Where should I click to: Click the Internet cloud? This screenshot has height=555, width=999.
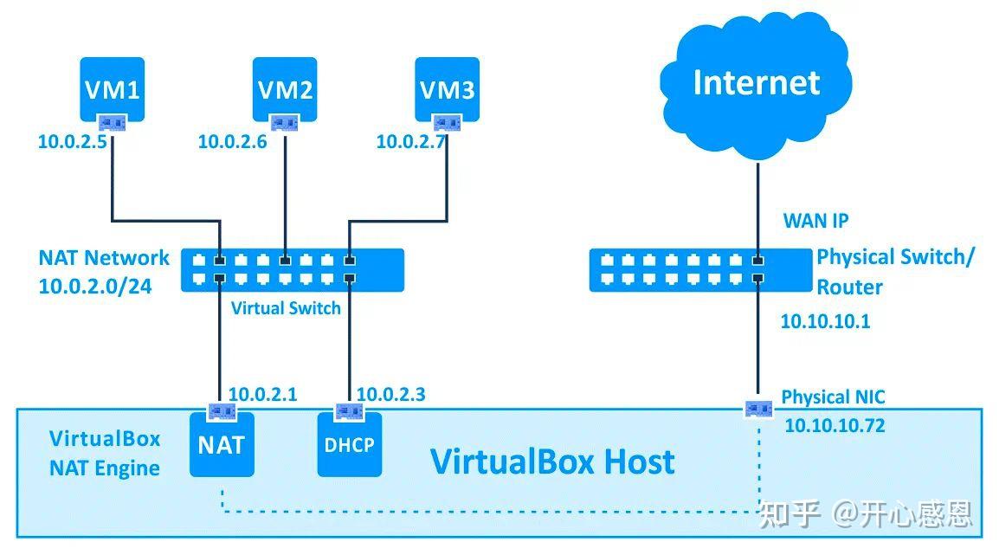tap(756, 83)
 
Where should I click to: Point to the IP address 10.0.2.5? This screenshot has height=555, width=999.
tap(72, 141)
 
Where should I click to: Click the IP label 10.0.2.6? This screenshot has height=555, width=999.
tap(232, 141)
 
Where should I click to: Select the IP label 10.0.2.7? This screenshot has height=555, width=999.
tap(410, 141)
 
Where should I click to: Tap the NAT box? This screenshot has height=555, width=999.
tap(222, 444)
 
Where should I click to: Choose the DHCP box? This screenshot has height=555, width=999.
tap(349, 444)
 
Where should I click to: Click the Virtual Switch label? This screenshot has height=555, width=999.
tap(286, 307)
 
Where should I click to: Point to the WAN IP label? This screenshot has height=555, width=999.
tap(815, 221)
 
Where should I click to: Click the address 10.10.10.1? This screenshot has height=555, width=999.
tap(825, 322)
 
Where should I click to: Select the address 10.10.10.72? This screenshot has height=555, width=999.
tap(835, 425)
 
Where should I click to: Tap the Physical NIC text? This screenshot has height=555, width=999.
tap(833, 397)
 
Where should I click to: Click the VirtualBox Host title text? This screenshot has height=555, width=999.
tap(552, 461)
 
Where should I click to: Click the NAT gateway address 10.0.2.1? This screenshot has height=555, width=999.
tap(262, 395)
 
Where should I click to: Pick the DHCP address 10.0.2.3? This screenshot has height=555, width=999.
tap(390, 395)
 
